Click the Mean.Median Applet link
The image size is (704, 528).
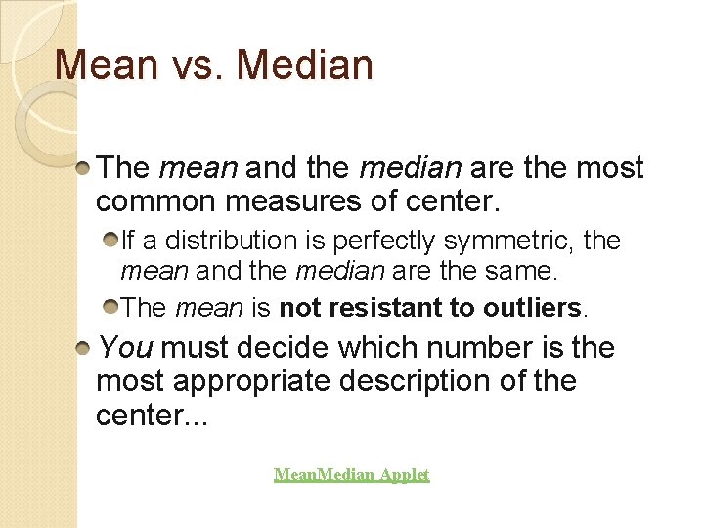tap(351, 475)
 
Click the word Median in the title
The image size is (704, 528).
tap(304, 66)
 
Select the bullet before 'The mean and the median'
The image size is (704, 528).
tap(85, 168)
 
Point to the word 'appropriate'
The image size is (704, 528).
tap(251, 381)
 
